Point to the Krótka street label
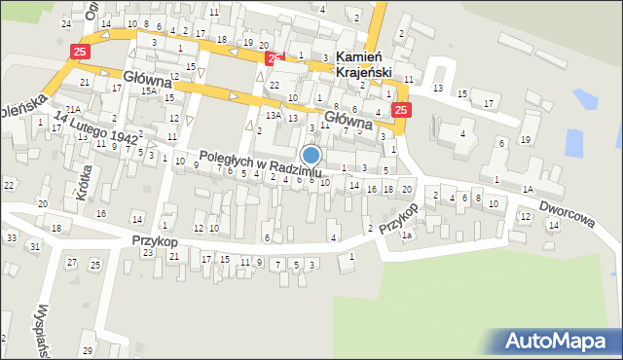[x=79, y=181]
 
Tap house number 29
[x=86, y=349]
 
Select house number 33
[x=11, y=237]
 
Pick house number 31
[x=34, y=246]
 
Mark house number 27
[x=71, y=263]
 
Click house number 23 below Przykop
[x=147, y=253]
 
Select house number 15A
[x=148, y=90]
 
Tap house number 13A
[x=274, y=115]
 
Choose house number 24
[x=66, y=22]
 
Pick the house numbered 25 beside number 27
[x=94, y=266]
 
